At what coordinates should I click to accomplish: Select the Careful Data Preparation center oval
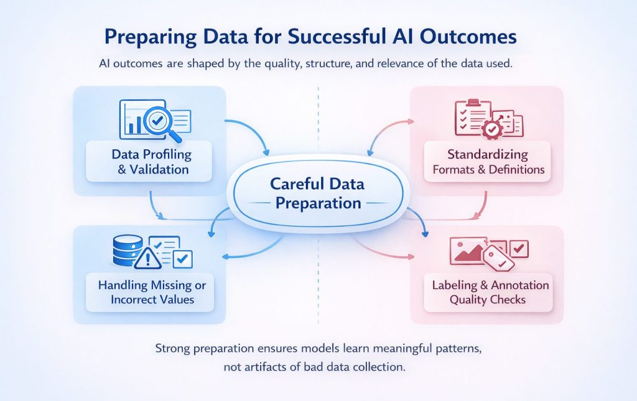pyautogui.click(x=318, y=193)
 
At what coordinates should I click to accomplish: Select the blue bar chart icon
pyautogui.click(x=131, y=123)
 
